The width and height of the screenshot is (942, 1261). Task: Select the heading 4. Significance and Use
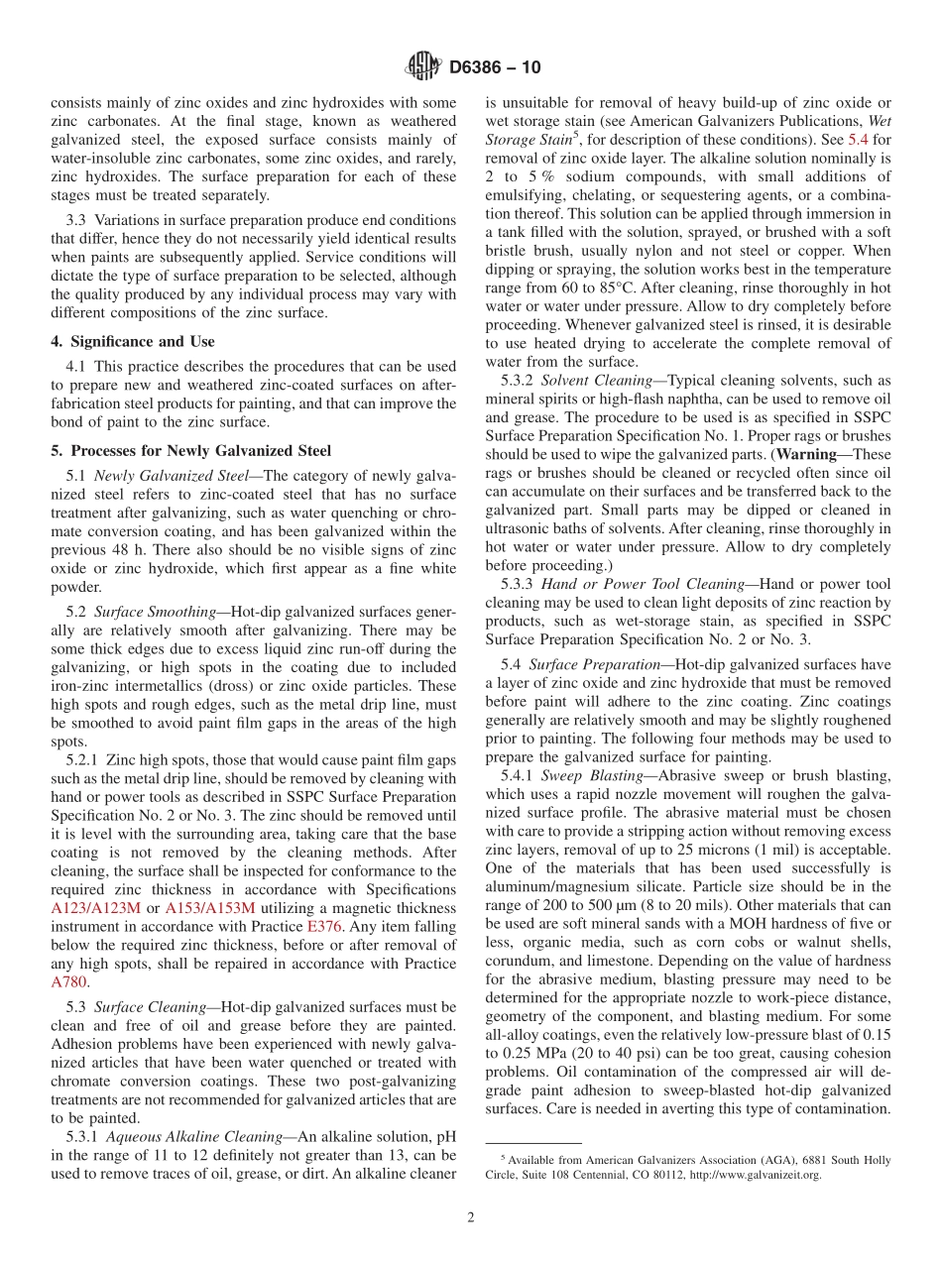(132, 342)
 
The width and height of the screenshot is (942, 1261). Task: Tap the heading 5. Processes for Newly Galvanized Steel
(190, 450)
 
